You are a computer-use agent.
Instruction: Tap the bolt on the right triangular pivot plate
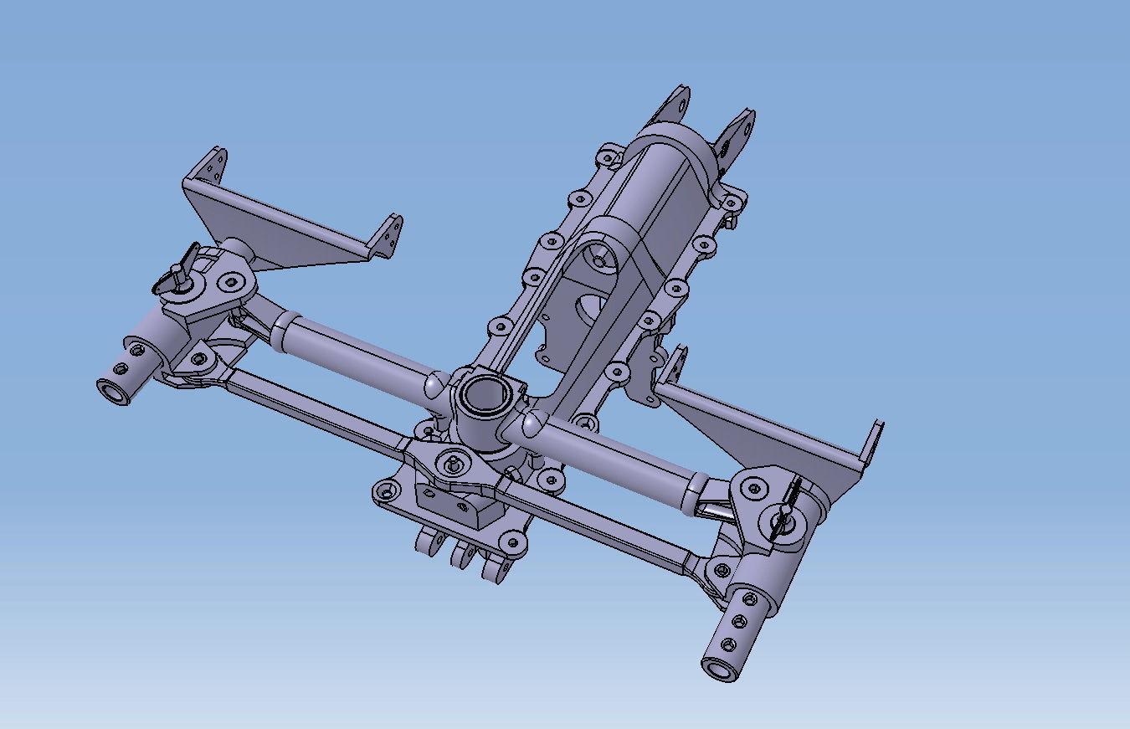click(x=754, y=488)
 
